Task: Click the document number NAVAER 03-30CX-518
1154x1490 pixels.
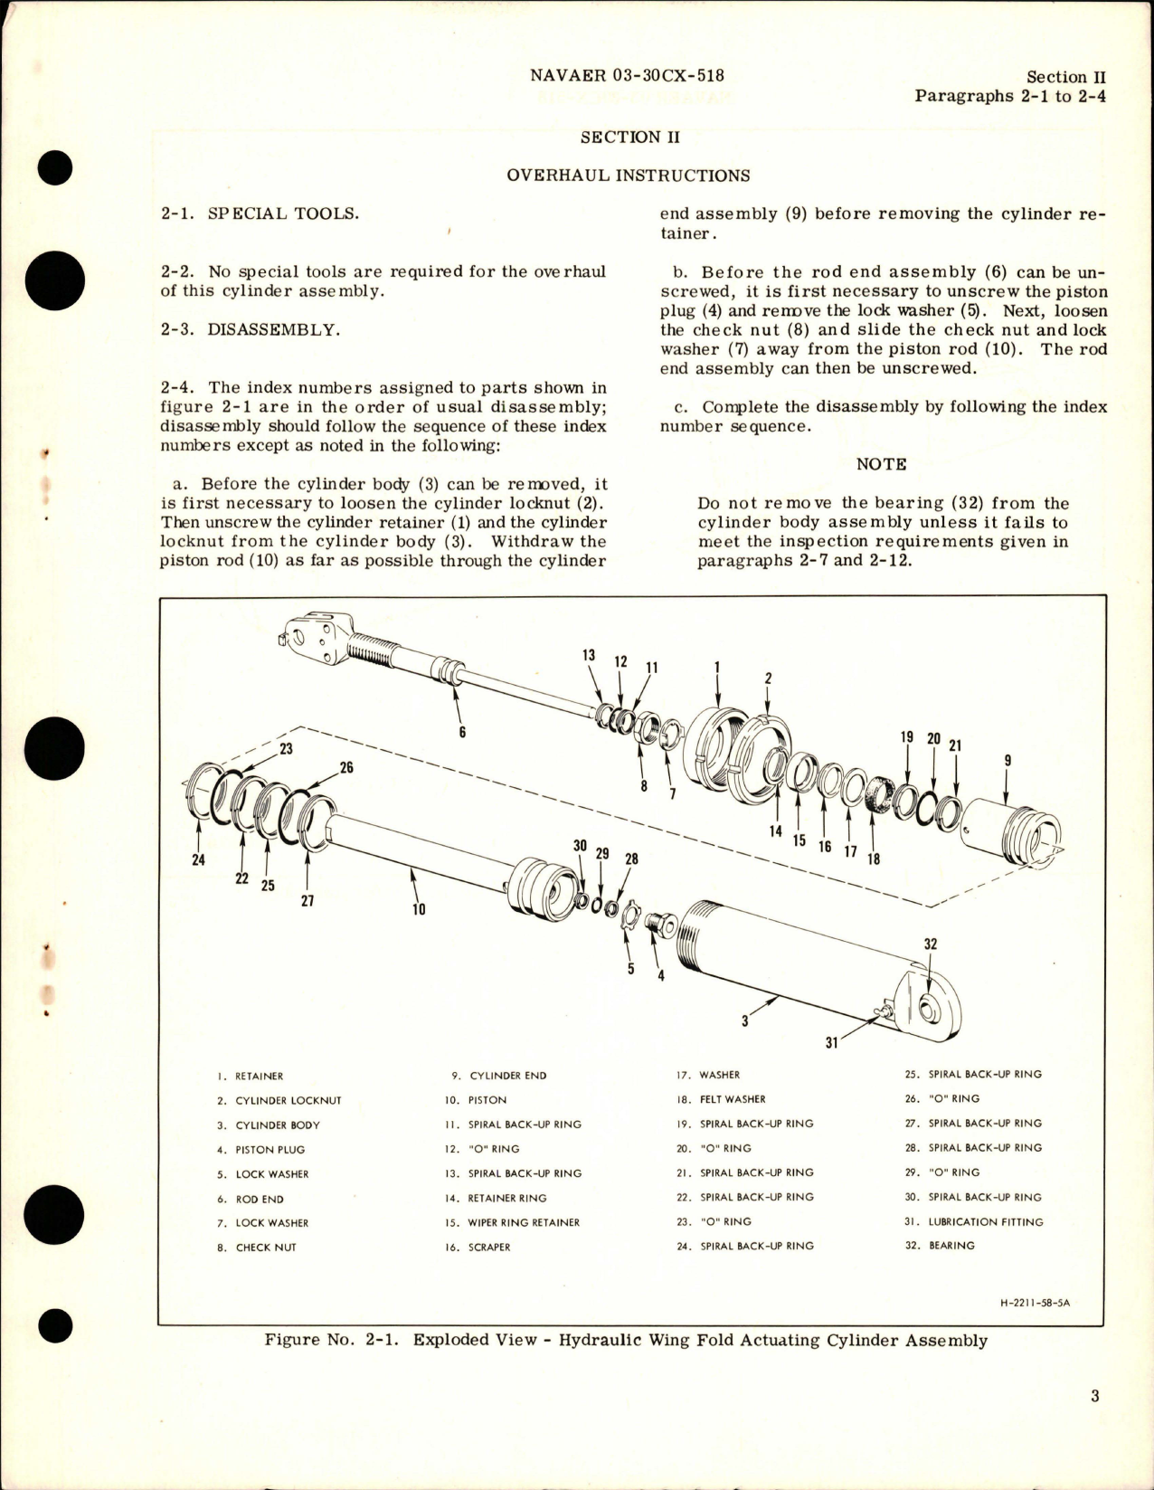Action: [x=627, y=76]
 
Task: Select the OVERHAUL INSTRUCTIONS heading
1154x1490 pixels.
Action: [x=628, y=176]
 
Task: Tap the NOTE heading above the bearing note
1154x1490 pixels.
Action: [x=881, y=464]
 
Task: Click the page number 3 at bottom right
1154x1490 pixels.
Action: [x=1094, y=1396]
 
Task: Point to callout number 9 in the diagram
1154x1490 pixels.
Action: [x=1007, y=761]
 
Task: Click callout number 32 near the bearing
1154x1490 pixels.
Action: [x=931, y=944]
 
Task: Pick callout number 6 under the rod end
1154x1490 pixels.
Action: [x=462, y=731]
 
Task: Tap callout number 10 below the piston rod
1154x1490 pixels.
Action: [x=419, y=909]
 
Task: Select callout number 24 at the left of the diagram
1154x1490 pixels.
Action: [x=198, y=859]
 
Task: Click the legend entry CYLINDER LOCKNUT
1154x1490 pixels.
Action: [x=288, y=1101]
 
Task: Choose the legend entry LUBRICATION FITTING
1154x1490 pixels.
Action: [x=985, y=1221]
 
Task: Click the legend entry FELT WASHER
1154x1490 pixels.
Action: [x=732, y=1099]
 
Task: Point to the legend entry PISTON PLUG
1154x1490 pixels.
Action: [x=270, y=1150]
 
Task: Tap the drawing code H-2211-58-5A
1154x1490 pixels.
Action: [x=1040, y=1304]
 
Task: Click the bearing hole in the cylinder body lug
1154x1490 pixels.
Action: [x=930, y=1008]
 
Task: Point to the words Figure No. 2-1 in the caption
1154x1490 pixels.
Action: [x=331, y=1340]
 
